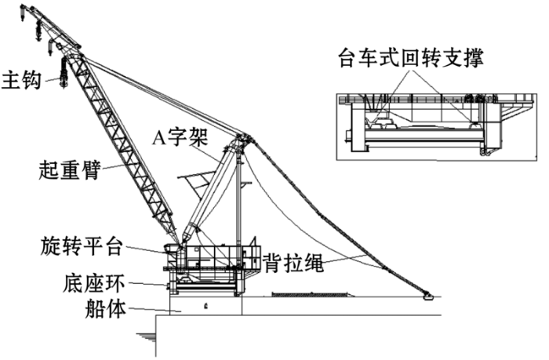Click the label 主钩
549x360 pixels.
coord(22,80)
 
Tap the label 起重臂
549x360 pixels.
coord(70,169)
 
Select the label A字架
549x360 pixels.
coord(180,137)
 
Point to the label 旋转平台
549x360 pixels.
coord(82,245)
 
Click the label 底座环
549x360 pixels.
coord(94,282)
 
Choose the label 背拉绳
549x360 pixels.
coord(293,263)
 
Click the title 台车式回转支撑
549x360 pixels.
coord(411,57)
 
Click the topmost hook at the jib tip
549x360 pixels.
coord(23,13)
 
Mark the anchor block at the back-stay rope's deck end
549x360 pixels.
coord(427,297)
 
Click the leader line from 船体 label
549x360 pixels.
coord(155,310)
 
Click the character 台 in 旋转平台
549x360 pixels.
coord(113,245)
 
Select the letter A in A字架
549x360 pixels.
coord(158,137)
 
